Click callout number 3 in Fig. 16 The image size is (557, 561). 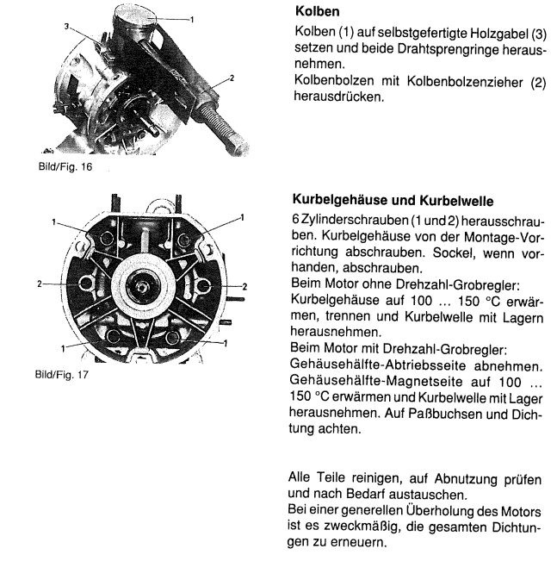point(65,28)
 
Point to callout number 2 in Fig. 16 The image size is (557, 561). point(230,78)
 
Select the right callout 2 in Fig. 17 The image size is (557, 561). point(245,285)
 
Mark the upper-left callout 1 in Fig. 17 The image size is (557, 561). point(53,221)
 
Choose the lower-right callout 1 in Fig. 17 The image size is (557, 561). point(226,343)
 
